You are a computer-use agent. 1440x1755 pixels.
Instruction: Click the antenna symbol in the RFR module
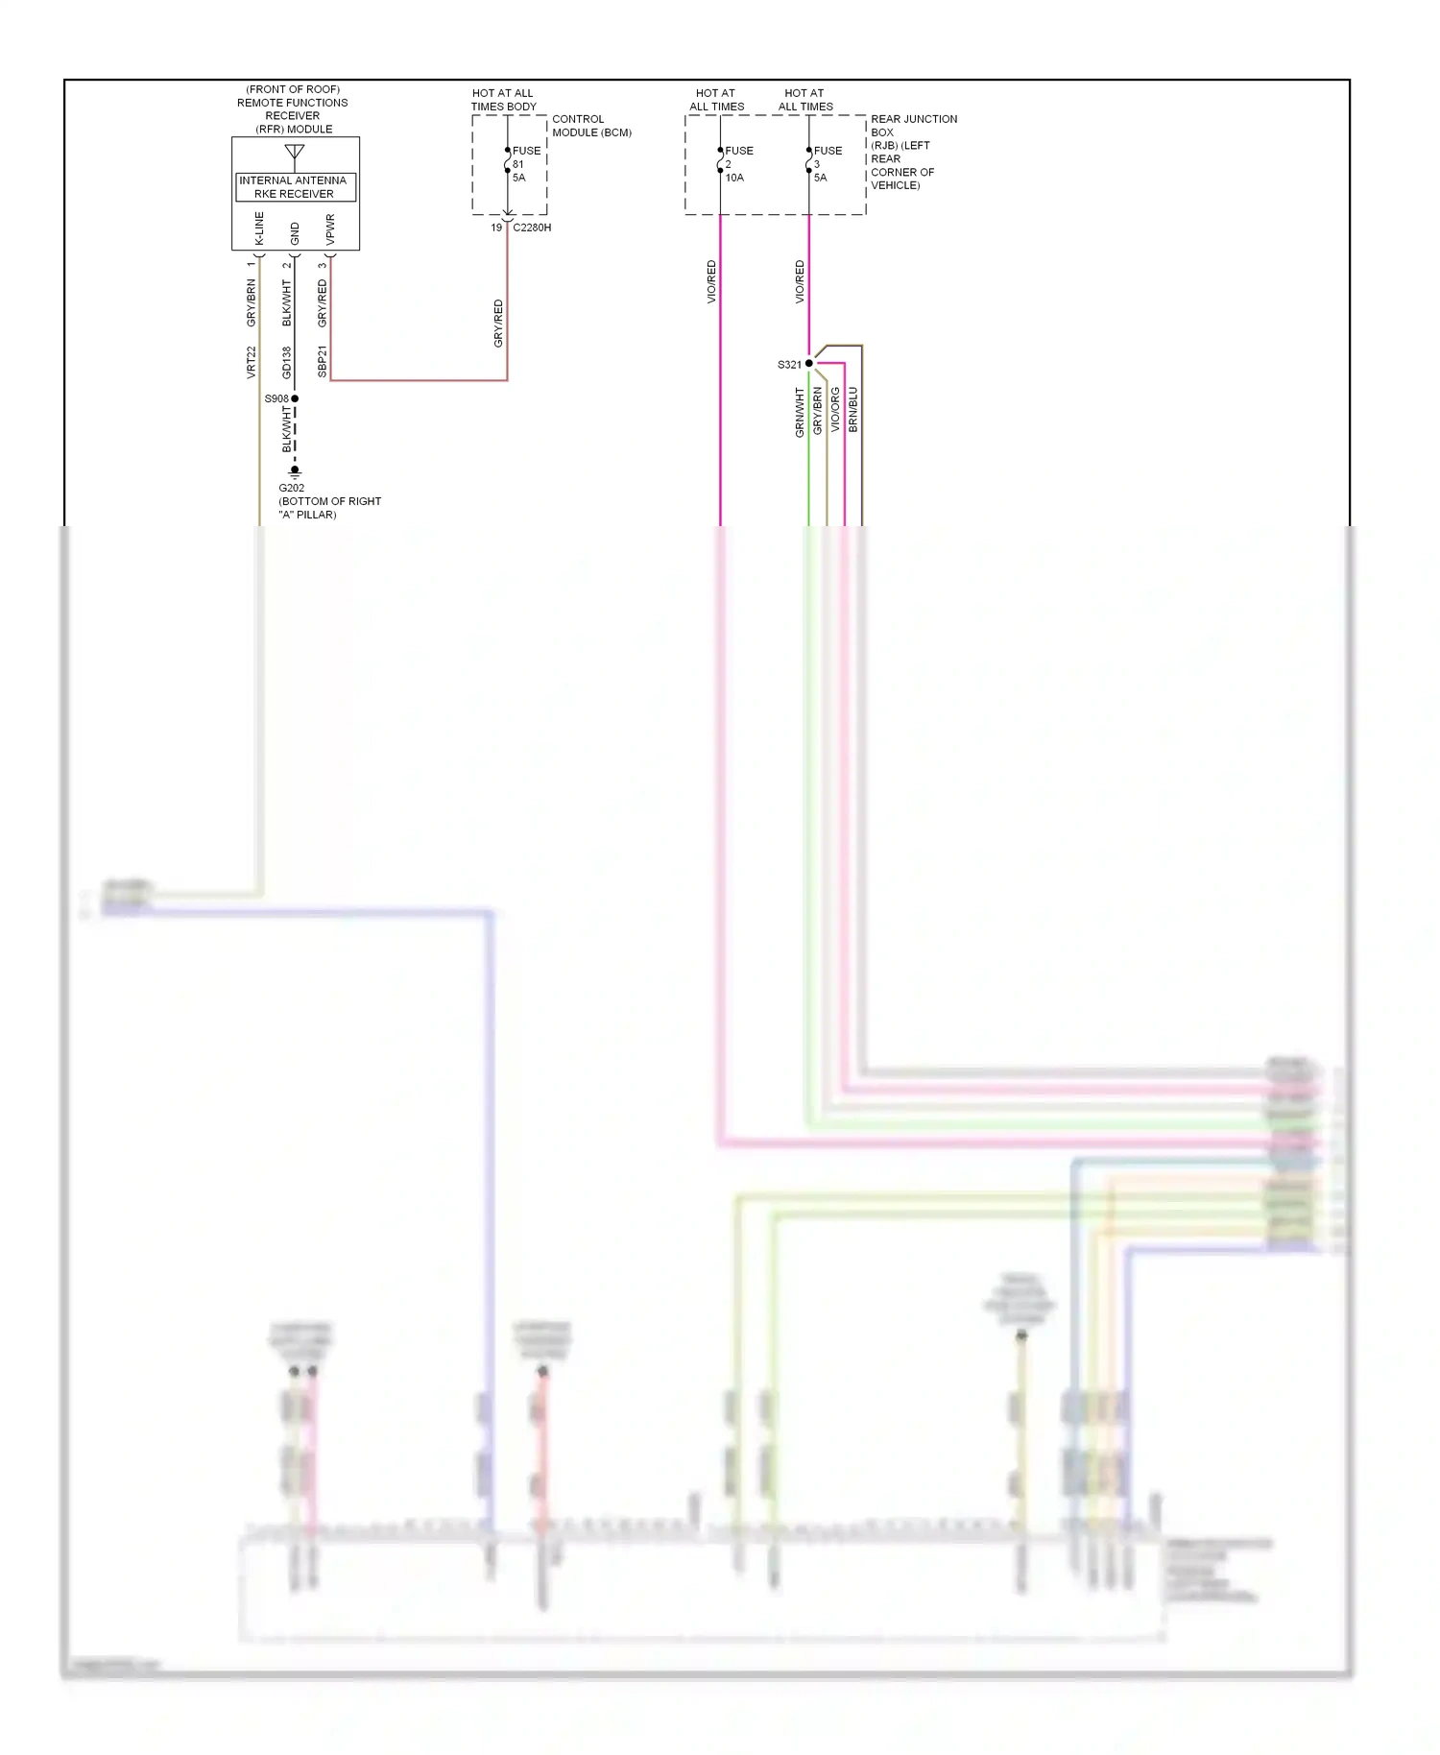[x=295, y=153]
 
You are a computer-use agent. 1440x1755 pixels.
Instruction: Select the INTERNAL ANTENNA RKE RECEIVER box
[x=295, y=187]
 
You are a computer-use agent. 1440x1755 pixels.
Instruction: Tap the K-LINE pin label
[x=259, y=228]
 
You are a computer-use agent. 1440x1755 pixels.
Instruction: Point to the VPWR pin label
[x=330, y=228]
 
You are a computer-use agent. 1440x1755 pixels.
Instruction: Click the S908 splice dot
[x=295, y=398]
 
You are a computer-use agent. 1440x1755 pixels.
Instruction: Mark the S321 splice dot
[x=809, y=364]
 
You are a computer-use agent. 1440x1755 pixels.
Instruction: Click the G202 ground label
[x=292, y=488]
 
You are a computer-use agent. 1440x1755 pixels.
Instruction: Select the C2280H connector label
[x=532, y=228]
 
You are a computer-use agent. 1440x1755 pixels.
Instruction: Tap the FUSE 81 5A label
[x=524, y=164]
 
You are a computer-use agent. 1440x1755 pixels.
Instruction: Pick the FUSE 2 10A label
[x=737, y=164]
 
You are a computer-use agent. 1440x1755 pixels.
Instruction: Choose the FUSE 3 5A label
[x=826, y=164]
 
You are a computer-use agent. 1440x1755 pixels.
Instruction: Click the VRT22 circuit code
[x=252, y=362]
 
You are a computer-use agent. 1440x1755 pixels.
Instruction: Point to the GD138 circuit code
[x=287, y=362]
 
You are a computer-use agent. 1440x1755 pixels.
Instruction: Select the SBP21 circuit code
[x=323, y=362]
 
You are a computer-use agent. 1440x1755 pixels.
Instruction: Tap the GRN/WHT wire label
[x=799, y=413]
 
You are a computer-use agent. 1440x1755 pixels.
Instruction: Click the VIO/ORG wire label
[x=835, y=410]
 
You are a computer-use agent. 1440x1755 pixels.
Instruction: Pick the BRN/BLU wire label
[x=853, y=410]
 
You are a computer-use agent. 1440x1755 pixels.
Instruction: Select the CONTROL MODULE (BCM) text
[x=590, y=126]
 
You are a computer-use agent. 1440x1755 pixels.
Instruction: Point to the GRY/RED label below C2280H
[x=498, y=324]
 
